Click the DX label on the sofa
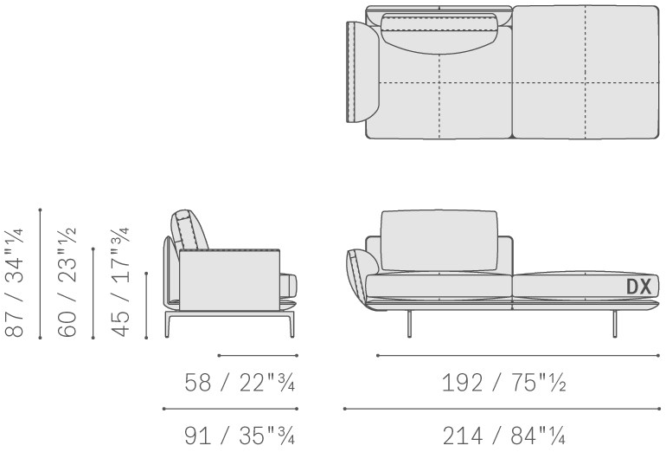tap(639, 287)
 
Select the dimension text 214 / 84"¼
tap(503, 436)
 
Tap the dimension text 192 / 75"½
tap(503, 382)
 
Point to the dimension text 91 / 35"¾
tap(239, 436)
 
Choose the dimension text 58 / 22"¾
tap(239, 382)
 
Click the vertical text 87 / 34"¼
tap(15, 283)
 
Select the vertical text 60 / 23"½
tap(67, 283)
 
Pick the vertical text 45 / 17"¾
tap(119, 283)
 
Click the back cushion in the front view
tap(439, 240)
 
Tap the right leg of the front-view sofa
tap(615, 324)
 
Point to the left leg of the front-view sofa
tap(409, 324)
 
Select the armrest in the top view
tap(362, 72)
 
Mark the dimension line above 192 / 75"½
tap(518, 355)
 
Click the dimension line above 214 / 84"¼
tap(502, 409)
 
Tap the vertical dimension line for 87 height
tap(40, 274)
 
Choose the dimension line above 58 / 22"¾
tap(258, 355)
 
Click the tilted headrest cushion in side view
tap(189, 230)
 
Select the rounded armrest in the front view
tap(362, 279)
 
